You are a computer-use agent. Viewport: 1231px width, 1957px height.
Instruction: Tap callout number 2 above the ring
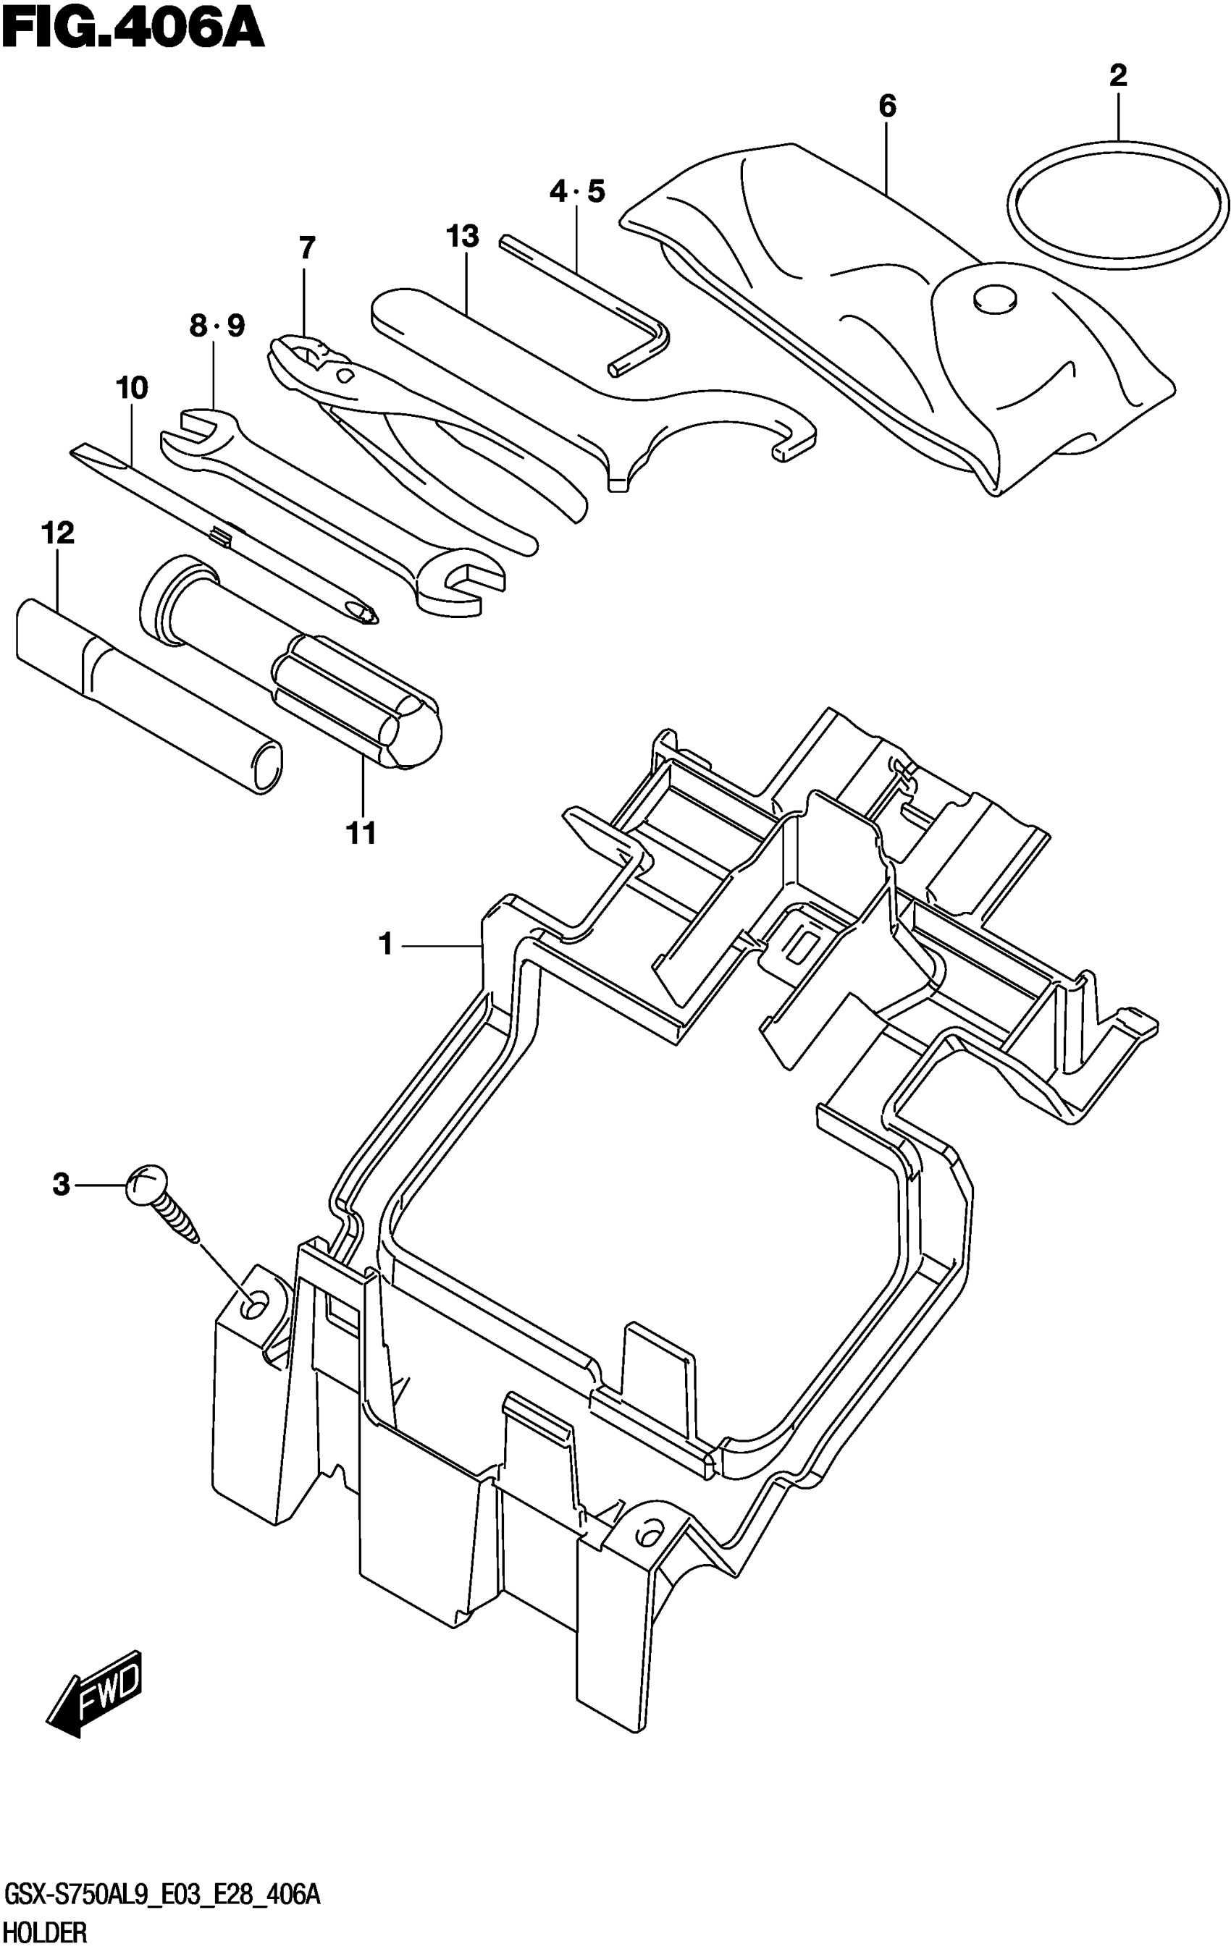(x=1118, y=77)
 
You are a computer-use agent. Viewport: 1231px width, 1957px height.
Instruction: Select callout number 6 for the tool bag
(x=887, y=106)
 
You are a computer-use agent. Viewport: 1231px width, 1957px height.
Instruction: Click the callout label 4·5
(x=576, y=193)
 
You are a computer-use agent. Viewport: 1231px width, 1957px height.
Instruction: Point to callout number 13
(x=462, y=237)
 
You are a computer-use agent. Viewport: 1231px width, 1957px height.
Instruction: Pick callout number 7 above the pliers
(x=306, y=247)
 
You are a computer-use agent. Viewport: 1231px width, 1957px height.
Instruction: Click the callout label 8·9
(x=217, y=326)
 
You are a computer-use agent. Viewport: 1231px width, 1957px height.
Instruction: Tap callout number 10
(x=132, y=389)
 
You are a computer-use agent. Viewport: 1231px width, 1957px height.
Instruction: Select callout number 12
(x=58, y=533)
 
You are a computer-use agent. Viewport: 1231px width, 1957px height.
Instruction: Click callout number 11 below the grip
(x=362, y=833)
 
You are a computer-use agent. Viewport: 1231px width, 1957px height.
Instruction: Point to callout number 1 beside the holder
(x=385, y=944)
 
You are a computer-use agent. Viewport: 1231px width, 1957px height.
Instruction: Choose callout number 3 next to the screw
(x=61, y=1185)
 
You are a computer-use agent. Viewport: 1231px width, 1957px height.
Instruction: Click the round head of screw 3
(x=147, y=1183)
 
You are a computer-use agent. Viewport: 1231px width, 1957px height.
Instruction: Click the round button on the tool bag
(x=993, y=298)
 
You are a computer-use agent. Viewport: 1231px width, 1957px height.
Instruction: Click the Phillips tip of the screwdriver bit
(x=363, y=610)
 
